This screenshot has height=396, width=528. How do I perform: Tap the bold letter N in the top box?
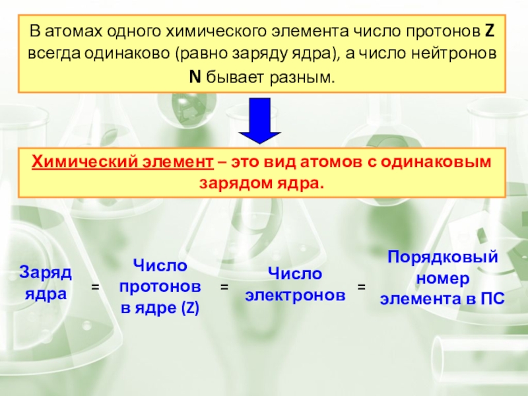pos(195,78)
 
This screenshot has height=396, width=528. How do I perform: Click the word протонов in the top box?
pos(434,32)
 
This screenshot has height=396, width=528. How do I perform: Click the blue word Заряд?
pos(46,272)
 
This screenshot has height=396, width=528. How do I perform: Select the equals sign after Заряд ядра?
pos(95,288)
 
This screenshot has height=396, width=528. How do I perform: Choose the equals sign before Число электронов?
pos(224,288)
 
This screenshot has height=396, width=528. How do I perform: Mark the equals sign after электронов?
pos(361,288)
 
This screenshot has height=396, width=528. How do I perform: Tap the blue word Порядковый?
pos(442,257)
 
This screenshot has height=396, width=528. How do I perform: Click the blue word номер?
pos(442,278)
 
